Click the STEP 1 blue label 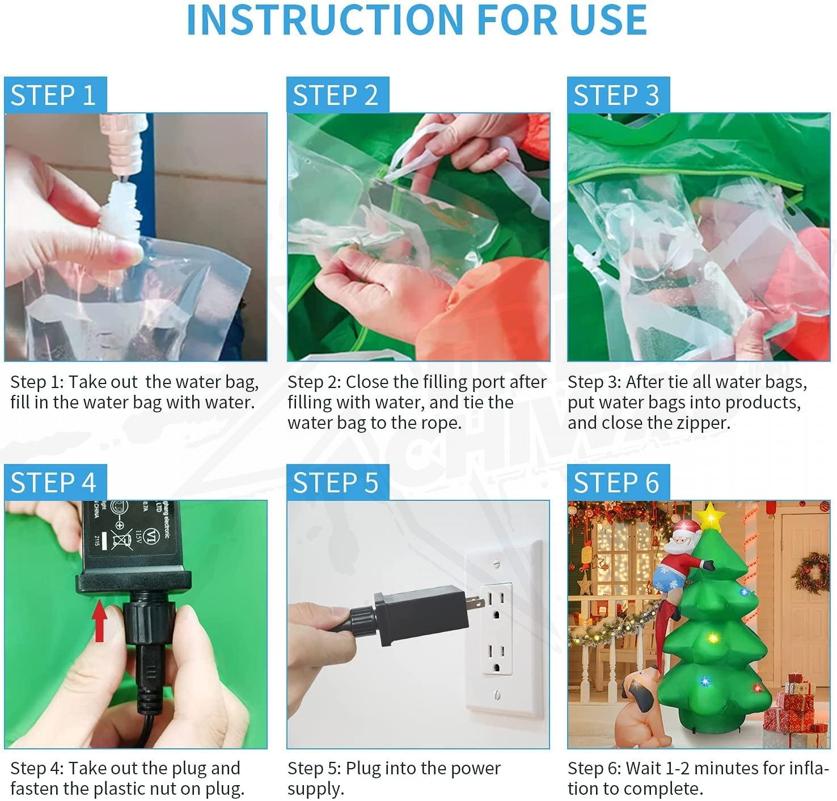click(x=56, y=95)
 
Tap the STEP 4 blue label click(x=56, y=482)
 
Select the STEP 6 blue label click(x=618, y=482)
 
